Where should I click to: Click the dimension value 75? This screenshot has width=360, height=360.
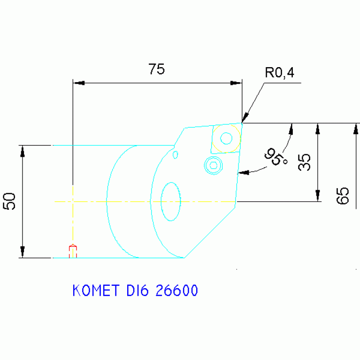[x=157, y=69]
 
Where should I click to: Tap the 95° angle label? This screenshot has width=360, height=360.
[x=277, y=157]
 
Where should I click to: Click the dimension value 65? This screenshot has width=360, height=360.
[x=343, y=195]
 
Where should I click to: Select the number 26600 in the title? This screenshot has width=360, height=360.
[x=176, y=291]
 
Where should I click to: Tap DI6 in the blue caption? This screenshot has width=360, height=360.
[x=137, y=291]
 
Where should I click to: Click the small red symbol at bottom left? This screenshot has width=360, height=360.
[x=73, y=251]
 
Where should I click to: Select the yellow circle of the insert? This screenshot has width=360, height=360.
[x=226, y=138]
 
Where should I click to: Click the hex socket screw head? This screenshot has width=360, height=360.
[x=214, y=165]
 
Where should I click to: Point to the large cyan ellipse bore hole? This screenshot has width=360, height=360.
[x=171, y=201]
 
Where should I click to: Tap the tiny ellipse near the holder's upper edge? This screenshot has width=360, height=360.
[x=176, y=154]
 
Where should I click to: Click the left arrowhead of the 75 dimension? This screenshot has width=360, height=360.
[x=79, y=83]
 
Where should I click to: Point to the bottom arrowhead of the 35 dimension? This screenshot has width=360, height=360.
[x=318, y=196]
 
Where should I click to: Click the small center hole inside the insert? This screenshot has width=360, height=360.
[x=226, y=138]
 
